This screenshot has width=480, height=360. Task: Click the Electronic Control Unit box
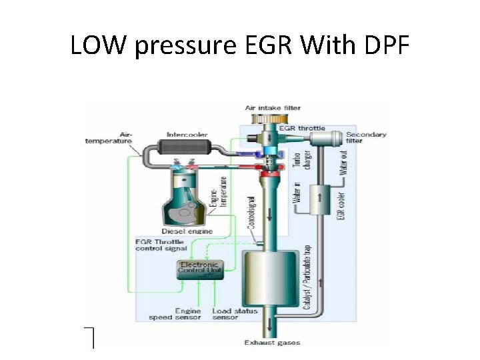coord(199,269)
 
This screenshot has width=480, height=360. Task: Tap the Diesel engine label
coord(187,231)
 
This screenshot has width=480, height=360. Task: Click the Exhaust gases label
coord(271,343)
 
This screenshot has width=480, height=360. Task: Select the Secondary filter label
coord(365,138)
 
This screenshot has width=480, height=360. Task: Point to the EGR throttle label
coord(301,128)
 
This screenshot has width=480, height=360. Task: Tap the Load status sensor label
coord(225,314)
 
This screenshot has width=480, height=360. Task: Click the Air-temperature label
coord(108,137)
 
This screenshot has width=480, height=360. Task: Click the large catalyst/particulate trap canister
coord(270,280)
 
